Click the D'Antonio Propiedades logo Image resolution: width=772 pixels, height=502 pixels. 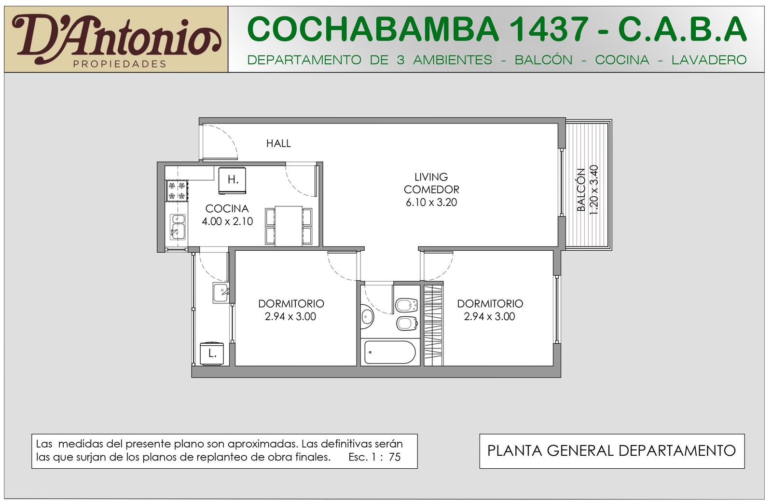[x=116, y=39]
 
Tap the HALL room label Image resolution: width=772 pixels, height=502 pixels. [x=278, y=143]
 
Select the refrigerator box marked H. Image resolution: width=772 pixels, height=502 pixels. [x=233, y=180]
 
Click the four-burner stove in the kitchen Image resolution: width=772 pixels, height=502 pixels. [x=177, y=190]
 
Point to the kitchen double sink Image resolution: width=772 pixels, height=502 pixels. [x=178, y=227]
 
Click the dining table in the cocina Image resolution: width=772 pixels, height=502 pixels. [x=289, y=226]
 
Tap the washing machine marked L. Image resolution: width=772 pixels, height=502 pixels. [x=212, y=353]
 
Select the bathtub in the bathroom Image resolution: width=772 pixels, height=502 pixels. [x=390, y=352]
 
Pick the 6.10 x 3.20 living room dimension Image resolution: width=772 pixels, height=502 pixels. [x=431, y=202]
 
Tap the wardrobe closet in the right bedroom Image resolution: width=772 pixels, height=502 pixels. [x=434, y=325]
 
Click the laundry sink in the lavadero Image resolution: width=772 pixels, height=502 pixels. [x=221, y=293]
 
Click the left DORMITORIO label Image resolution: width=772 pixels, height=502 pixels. [x=291, y=304]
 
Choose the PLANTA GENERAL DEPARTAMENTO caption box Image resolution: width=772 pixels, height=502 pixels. [x=612, y=451]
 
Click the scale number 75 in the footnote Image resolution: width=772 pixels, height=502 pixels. [x=395, y=457]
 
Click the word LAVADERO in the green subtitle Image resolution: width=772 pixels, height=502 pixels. [x=709, y=60]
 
